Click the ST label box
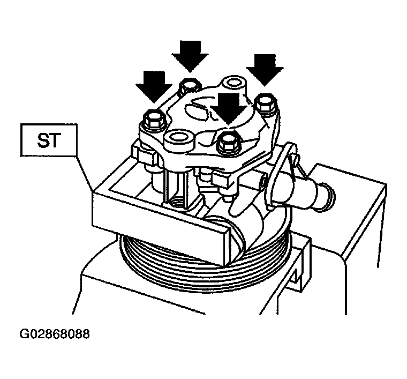(x=49, y=140)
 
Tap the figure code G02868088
(x=55, y=333)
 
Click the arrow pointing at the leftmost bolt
(x=154, y=86)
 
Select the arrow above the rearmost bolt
(x=190, y=56)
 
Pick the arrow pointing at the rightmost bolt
(x=265, y=70)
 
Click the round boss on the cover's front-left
(x=179, y=140)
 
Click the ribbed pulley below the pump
(x=205, y=262)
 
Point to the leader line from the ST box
(x=85, y=174)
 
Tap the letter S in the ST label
(x=42, y=140)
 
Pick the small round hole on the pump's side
(x=263, y=184)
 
